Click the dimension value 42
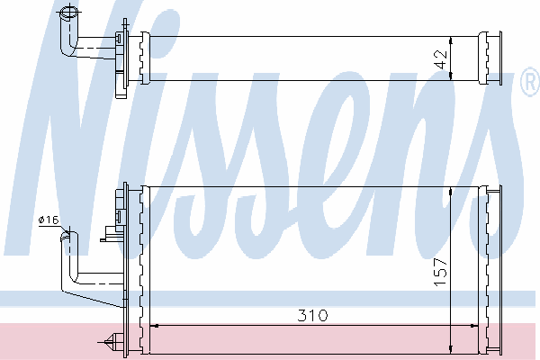point(442,59)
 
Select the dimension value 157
point(440,272)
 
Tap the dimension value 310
point(312,315)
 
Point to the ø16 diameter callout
point(49,220)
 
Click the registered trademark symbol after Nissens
point(531,81)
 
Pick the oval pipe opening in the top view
point(69,13)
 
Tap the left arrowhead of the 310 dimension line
point(154,325)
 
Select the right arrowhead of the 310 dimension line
point(474,325)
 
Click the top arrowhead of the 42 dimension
point(451,40)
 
